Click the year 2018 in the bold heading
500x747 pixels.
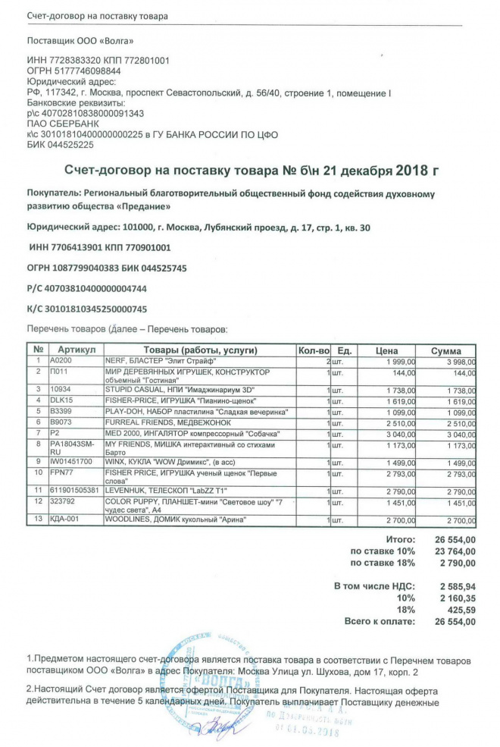point(409,172)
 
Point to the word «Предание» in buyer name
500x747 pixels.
point(145,206)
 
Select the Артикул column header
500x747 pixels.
point(76,350)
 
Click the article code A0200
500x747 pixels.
point(60,362)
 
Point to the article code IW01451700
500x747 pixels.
point(71,460)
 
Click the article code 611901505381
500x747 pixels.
point(75,491)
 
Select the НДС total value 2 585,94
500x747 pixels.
point(458,587)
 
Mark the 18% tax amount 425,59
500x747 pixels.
point(461,610)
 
